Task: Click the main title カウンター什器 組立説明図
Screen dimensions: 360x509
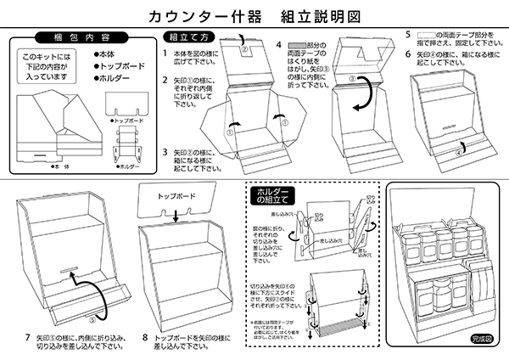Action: click(254, 16)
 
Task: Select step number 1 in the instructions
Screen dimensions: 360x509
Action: click(165, 53)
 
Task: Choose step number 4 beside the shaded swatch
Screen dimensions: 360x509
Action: click(279, 43)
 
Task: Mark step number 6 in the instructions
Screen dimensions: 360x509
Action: click(408, 54)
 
